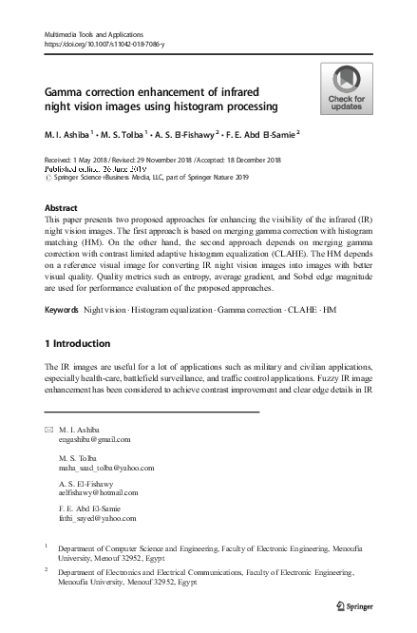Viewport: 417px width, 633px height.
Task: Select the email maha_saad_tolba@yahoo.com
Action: (x=105, y=468)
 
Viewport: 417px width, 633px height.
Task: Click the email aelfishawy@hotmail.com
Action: (x=100, y=495)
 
